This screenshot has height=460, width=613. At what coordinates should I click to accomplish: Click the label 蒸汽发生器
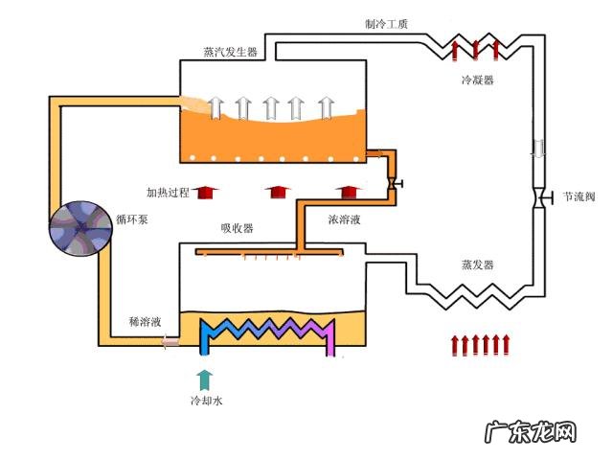tap(231, 52)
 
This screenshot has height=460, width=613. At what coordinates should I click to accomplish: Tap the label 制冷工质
tap(387, 23)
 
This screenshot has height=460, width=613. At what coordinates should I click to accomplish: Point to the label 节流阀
tap(579, 196)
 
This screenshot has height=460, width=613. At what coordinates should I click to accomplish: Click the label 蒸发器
tap(476, 264)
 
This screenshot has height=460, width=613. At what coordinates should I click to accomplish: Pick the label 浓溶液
tap(344, 219)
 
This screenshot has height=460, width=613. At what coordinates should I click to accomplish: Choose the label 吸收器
tap(237, 228)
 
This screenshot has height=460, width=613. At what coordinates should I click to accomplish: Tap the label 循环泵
tap(135, 218)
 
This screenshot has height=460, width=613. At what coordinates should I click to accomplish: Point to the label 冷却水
tap(205, 401)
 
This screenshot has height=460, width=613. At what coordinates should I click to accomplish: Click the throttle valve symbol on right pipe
tap(539, 197)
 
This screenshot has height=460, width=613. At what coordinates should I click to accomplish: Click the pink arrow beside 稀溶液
tap(170, 340)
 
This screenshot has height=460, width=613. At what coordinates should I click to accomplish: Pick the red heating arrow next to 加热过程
tap(203, 193)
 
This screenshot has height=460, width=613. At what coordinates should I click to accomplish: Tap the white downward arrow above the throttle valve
tap(538, 149)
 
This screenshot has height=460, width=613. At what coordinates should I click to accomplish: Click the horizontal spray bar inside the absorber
tap(269, 253)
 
